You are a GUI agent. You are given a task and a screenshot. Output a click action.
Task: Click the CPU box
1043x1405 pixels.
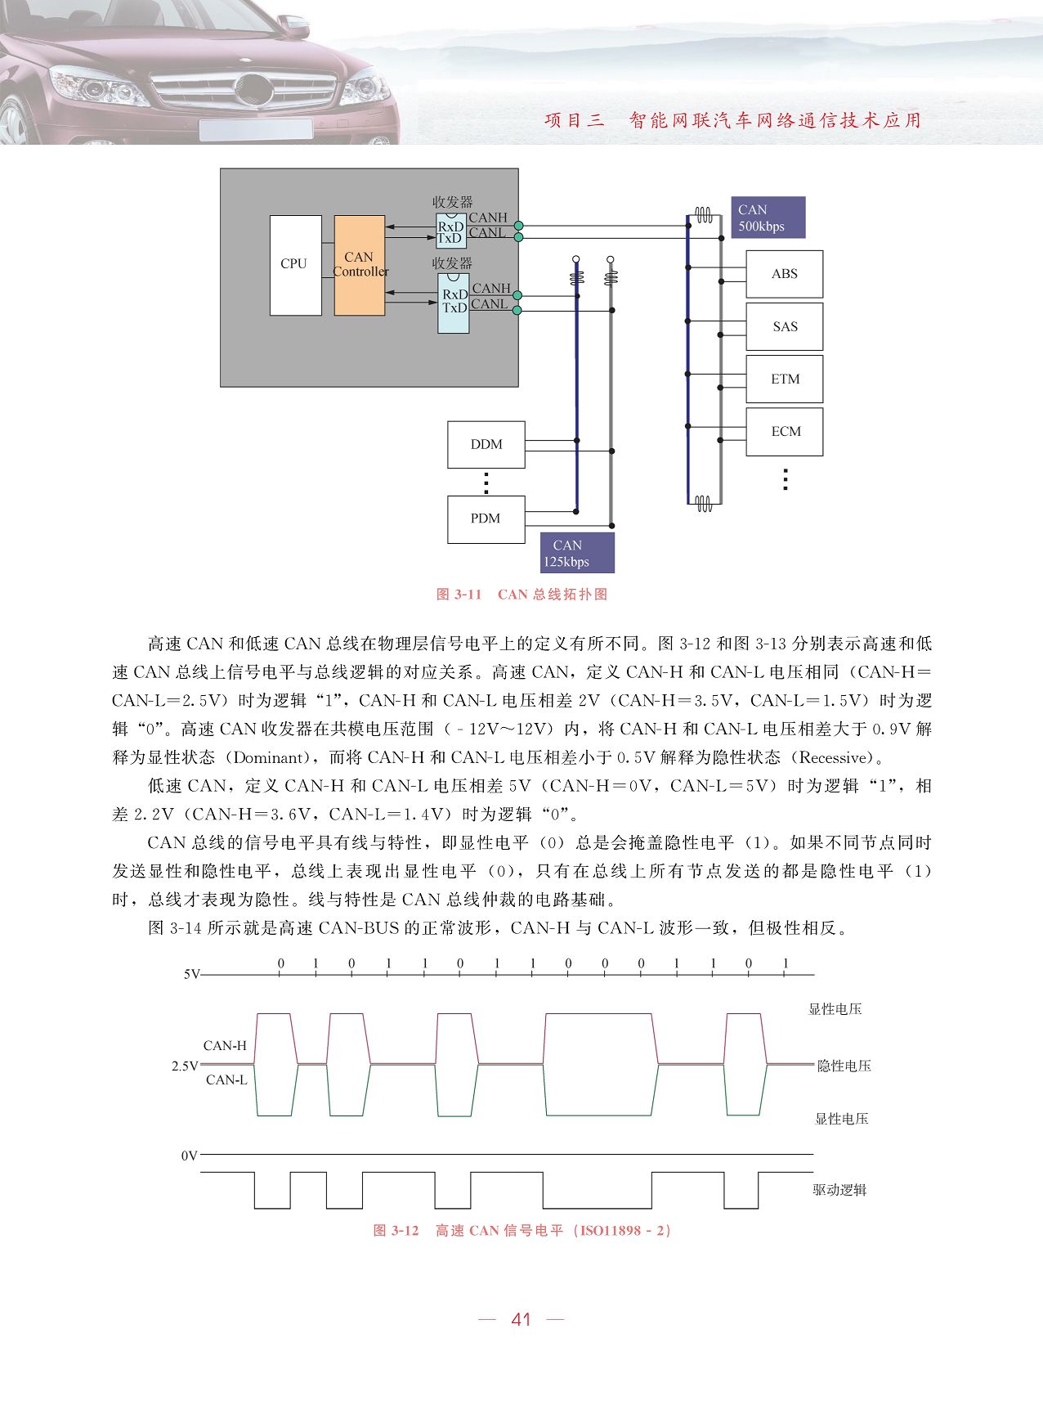point(295,265)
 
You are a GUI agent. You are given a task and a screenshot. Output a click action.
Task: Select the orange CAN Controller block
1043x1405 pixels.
point(360,265)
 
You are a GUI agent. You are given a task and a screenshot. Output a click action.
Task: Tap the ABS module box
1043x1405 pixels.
point(784,274)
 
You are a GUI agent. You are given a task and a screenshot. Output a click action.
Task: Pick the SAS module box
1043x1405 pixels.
point(784,326)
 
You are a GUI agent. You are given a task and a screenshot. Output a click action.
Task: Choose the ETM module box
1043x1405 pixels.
point(784,379)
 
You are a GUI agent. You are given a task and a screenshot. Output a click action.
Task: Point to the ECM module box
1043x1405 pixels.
point(784,431)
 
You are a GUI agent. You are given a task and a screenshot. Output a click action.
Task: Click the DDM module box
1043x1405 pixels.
point(486,444)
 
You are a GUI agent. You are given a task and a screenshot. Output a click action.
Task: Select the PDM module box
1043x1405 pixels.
point(486,518)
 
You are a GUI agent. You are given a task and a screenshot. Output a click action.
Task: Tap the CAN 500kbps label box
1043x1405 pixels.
point(768,218)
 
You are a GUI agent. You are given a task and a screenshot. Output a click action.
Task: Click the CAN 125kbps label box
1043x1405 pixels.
point(577,553)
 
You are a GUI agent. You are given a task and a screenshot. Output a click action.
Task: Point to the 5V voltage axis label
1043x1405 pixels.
point(191,974)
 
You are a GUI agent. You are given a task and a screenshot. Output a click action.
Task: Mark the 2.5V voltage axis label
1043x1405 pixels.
point(185,1066)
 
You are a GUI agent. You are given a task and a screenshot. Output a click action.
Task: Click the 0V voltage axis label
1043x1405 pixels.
point(190,1156)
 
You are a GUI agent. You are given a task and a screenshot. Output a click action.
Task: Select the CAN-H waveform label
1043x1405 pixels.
point(225,1045)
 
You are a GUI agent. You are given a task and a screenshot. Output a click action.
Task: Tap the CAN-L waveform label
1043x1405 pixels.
point(226,1080)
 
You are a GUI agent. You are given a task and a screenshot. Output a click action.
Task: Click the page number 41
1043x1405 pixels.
point(521,1319)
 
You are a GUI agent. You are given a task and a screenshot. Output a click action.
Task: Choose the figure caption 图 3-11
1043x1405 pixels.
point(459,595)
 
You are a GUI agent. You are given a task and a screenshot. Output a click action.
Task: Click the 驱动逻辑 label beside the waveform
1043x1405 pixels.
point(839,1190)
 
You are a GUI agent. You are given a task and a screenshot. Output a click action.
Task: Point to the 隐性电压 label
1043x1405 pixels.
point(844,1066)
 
